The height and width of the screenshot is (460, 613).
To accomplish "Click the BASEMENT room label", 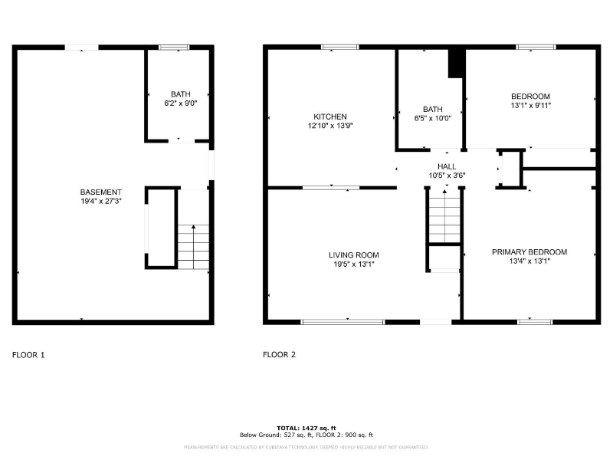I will pos(100,192).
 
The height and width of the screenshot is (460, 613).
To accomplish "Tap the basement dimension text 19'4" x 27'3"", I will pos(100,201).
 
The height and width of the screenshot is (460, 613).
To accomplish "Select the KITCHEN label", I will pos(329,117).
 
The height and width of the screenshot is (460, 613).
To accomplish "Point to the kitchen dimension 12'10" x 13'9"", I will pos(329,126).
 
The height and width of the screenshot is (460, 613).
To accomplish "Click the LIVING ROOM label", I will pos(354,255).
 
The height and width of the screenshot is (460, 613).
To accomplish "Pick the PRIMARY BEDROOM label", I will pos(529,252).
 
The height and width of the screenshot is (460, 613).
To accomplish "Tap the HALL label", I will pos(447,166).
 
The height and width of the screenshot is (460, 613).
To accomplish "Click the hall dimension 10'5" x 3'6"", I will pos(447,176).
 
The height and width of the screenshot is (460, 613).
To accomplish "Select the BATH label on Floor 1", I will pos(181,94).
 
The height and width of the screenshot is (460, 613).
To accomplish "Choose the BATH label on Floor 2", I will pos(433,109).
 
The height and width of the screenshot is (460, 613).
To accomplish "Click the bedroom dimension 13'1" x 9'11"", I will pos(531,106).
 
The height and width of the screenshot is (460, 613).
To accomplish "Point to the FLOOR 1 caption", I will pos(29,355).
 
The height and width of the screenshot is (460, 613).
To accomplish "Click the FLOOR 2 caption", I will pos(279,355).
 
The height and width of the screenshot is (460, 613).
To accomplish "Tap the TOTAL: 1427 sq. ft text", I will pos(306,428).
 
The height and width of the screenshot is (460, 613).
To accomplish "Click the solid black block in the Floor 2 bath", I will pos(456,64).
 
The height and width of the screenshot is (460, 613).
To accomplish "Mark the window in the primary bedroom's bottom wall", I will pos(535,321).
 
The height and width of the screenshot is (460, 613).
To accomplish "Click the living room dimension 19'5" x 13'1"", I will pos(354,264).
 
